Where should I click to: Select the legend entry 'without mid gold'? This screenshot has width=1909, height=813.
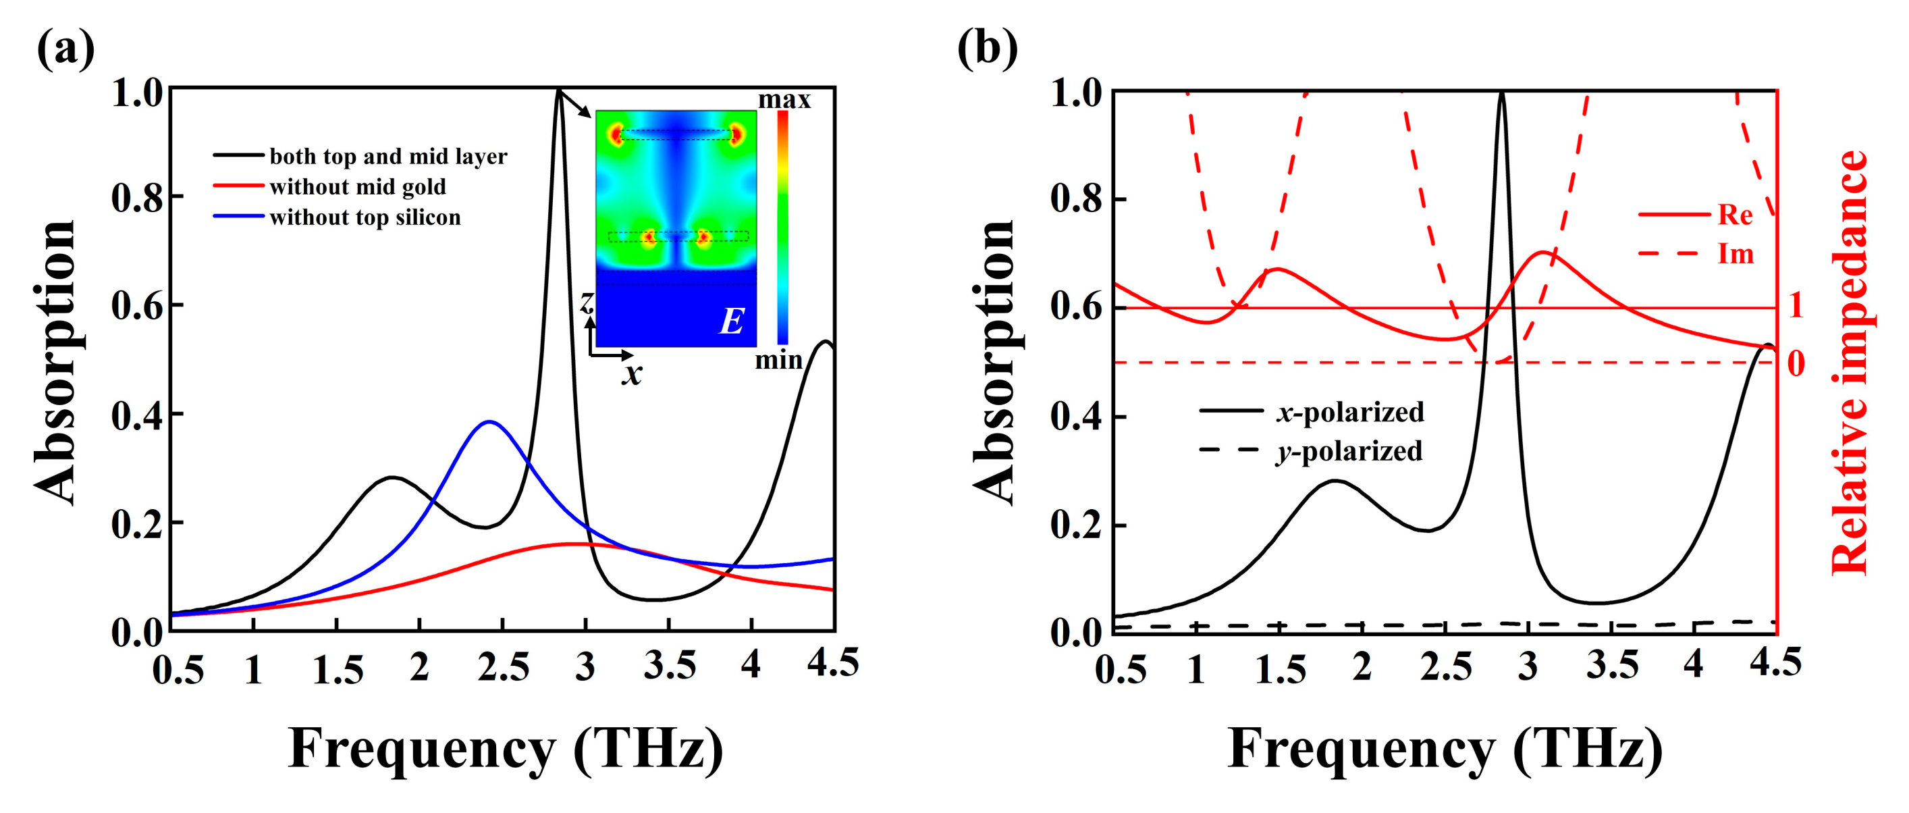click(357, 187)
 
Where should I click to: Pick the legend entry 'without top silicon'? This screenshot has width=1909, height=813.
click(365, 217)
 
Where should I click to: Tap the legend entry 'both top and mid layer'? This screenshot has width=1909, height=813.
click(387, 157)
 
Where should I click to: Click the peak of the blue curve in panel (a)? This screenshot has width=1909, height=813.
click(489, 421)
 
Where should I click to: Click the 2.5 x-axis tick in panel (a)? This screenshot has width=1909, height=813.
click(503, 668)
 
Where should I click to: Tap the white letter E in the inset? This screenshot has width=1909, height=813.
click(732, 321)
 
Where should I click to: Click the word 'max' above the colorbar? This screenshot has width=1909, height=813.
click(784, 99)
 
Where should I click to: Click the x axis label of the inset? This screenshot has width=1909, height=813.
click(631, 373)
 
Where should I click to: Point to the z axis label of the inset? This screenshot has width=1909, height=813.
click(587, 302)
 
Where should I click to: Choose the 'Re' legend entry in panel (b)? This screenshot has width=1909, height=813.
click(1735, 215)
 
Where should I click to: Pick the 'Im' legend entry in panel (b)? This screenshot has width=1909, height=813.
click(1735, 254)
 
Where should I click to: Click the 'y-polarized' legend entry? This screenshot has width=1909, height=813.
click(1349, 450)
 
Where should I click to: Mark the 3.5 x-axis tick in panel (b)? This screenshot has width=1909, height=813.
click(1612, 668)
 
